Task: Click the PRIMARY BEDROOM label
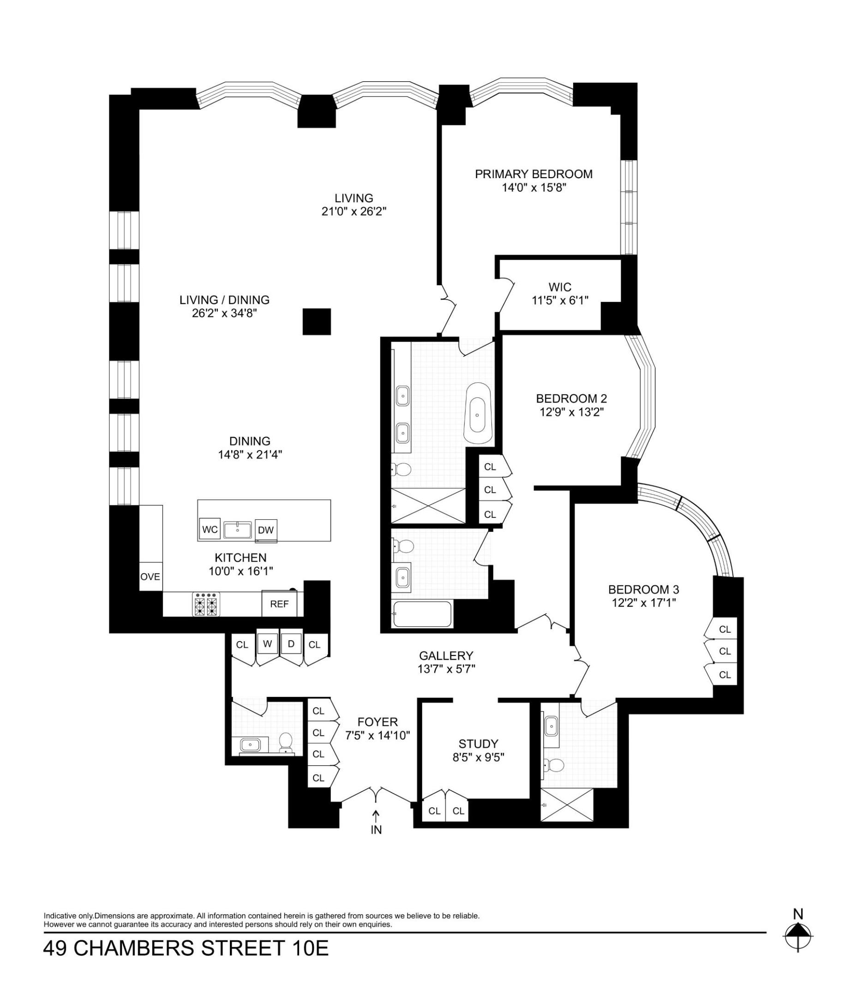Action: [533, 174]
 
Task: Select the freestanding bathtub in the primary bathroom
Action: [478, 413]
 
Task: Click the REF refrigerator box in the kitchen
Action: [279, 603]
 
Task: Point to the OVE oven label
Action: [150, 577]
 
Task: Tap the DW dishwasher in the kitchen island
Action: [266, 530]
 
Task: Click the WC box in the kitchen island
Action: [210, 529]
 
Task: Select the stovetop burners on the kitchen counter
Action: [206, 604]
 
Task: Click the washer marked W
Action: [267, 644]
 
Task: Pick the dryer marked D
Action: [291, 644]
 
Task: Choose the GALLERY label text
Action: [446, 655]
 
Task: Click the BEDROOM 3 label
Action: [643, 589]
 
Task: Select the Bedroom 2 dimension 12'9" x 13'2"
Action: [571, 412]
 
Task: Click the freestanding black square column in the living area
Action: [317, 321]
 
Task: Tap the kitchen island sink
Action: [238, 530]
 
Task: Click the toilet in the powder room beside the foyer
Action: [286, 741]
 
